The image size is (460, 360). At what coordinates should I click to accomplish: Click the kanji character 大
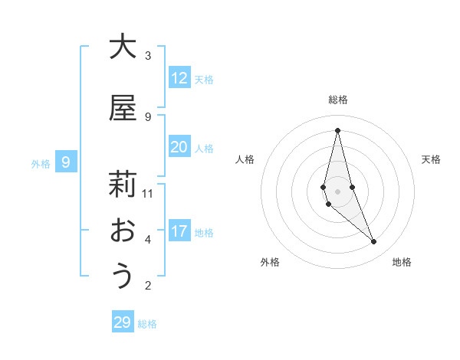pyautogui.click(x=123, y=46)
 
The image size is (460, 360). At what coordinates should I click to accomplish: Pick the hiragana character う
pyautogui.click(x=123, y=277)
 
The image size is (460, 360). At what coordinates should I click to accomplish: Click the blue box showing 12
pyautogui.click(x=179, y=78)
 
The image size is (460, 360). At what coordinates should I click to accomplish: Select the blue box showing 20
pyautogui.click(x=179, y=147)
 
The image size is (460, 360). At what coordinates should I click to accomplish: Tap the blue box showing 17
pyautogui.click(x=179, y=231)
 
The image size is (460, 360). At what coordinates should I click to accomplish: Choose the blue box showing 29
pyautogui.click(x=123, y=322)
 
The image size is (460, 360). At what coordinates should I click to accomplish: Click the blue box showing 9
pyautogui.click(x=67, y=162)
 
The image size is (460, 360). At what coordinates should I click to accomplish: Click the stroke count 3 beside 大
pyautogui.click(x=148, y=55)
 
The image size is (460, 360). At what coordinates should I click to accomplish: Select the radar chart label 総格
pyautogui.click(x=337, y=100)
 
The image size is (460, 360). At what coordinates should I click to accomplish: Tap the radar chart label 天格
pyautogui.click(x=431, y=159)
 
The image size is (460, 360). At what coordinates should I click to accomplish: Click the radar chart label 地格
pyautogui.click(x=402, y=262)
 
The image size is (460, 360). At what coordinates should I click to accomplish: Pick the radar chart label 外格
pyautogui.click(x=271, y=262)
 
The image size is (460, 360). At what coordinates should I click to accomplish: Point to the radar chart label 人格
pyautogui.click(x=245, y=159)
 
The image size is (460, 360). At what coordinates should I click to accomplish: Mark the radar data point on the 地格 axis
pyautogui.click(x=374, y=242)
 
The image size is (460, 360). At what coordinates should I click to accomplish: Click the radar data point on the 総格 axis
pyautogui.click(x=337, y=129)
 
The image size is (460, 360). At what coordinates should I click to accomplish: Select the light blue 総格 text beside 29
pyautogui.click(x=147, y=324)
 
